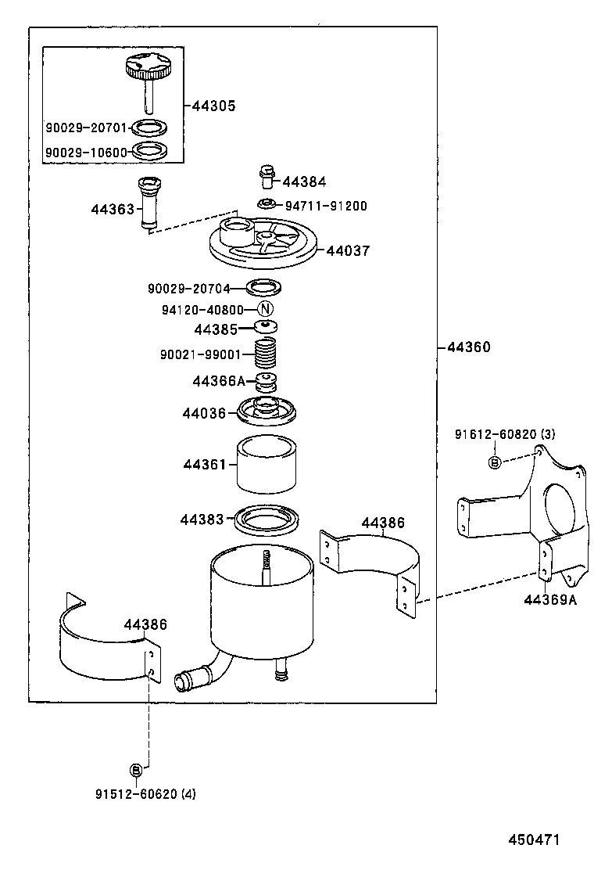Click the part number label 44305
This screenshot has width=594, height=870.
tap(213, 106)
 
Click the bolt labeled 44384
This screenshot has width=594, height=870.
tap(267, 176)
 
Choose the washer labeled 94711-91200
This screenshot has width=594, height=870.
tap(267, 205)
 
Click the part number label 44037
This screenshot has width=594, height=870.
tap(348, 250)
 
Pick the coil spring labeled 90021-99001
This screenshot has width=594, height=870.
tap(266, 355)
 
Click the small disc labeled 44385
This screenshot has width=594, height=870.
tap(266, 329)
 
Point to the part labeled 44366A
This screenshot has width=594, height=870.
tap(267, 383)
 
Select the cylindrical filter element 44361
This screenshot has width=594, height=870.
tap(267, 465)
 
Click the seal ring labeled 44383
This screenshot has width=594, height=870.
tap(267, 519)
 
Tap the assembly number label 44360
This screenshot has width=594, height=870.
tap(469, 347)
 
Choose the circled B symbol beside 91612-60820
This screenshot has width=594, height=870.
tap(494, 462)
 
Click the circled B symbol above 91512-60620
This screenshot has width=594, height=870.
tap(135, 770)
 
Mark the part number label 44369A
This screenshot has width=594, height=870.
tap(549, 600)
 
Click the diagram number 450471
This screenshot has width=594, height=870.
tap(534, 839)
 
